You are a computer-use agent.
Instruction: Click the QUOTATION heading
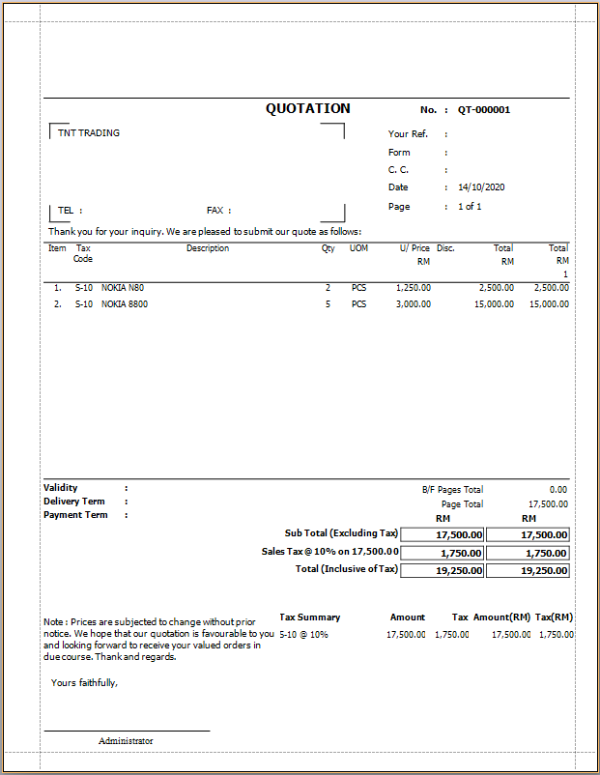click(x=308, y=109)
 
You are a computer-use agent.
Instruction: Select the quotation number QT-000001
click(x=484, y=110)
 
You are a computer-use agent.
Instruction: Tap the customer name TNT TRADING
click(x=89, y=133)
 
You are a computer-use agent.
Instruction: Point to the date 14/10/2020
click(x=482, y=187)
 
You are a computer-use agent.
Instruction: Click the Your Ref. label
click(x=408, y=134)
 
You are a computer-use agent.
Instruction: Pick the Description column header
click(x=208, y=248)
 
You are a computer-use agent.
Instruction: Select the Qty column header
click(x=329, y=248)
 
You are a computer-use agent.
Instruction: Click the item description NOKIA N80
click(x=123, y=288)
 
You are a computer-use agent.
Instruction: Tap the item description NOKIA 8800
click(x=125, y=304)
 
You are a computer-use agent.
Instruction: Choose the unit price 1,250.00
click(x=414, y=288)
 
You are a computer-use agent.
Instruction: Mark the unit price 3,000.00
click(x=414, y=304)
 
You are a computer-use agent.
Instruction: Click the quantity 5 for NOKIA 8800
click(x=328, y=304)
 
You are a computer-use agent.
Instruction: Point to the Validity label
click(x=61, y=488)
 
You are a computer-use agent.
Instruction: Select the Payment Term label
click(x=75, y=515)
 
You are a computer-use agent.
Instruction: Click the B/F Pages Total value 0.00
click(x=557, y=490)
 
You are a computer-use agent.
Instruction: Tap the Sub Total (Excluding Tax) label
click(x=341, y=533)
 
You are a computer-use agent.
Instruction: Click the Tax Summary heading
click(x=309, y=617)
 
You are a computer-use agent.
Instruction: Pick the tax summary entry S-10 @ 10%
click(x=303, y=635)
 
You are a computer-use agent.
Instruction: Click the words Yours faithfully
click(x=84, y=683)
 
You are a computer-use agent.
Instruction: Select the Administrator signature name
click(x=126, y=741)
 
